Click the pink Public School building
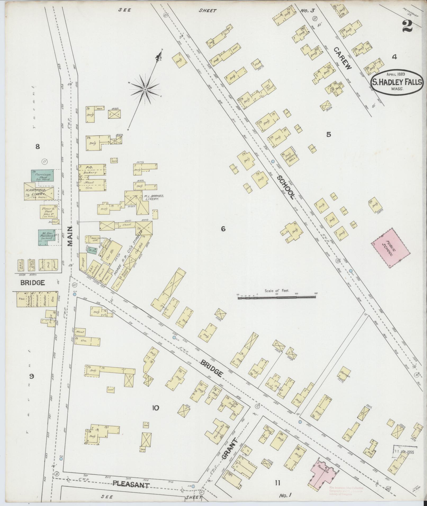[391, 247]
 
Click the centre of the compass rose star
[145, 90]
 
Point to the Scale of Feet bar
[277, 297]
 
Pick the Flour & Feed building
[49, 212]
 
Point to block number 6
[223, 229]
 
